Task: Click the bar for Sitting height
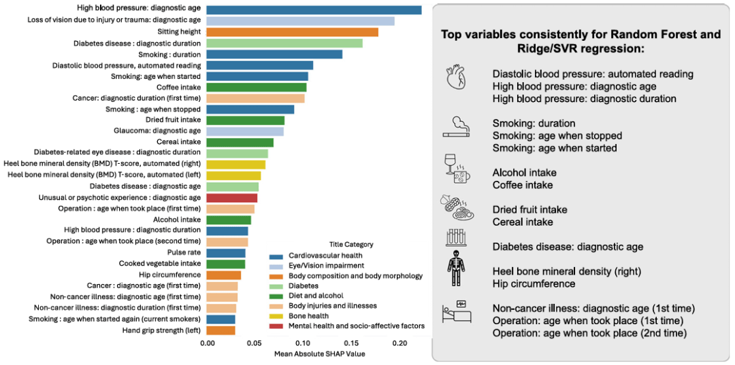point(292,32)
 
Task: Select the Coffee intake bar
point(257,87)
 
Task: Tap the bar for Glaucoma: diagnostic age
point(245,131)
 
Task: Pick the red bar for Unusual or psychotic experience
point(232,198)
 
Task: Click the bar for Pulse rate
point(226,253)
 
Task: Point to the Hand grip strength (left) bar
point(220,330)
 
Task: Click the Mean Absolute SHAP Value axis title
point(319,354)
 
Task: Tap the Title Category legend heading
point(350,244)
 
